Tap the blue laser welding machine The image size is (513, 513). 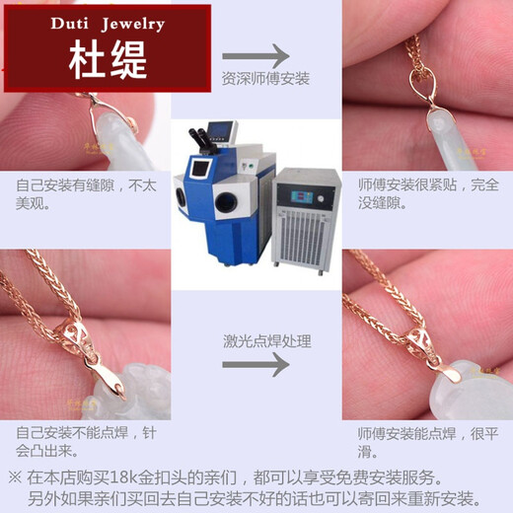pos(223,197)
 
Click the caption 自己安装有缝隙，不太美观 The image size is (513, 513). pos(80,192)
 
